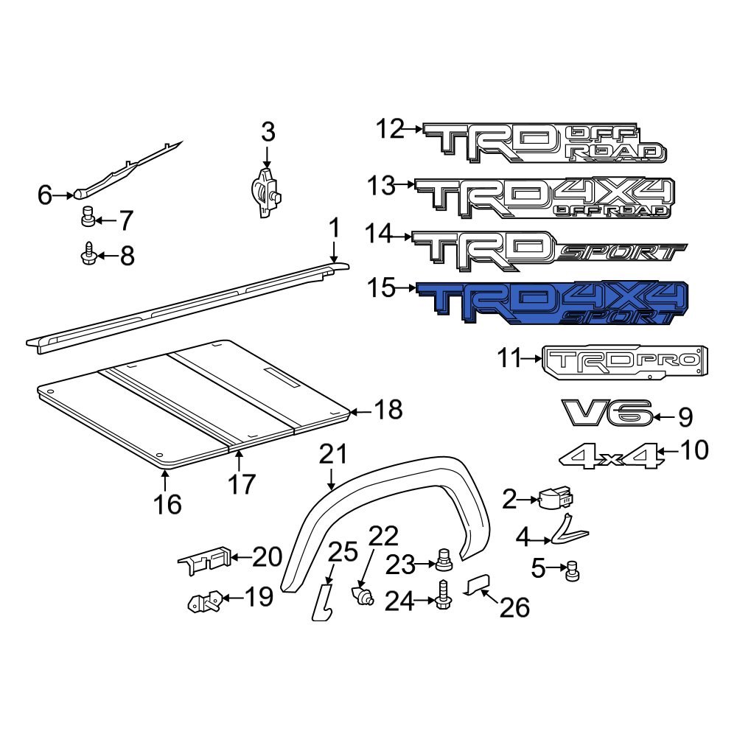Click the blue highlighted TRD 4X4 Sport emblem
(x=553, y=304)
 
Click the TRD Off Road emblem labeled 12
(x=545, y=142)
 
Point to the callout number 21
(x=332, y=455)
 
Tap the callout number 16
(x=167, y=504)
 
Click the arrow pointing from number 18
(x=357, y=409)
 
